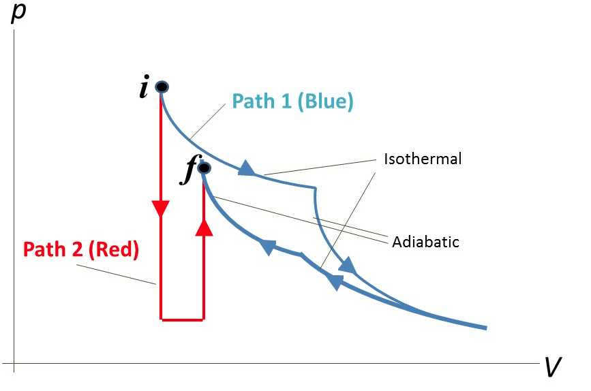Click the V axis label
point(553,369)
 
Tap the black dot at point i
point(162,87)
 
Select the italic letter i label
point(144,89)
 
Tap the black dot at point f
point(204,168)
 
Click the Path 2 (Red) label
point(80,249)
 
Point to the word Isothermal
point(423,159)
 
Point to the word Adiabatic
point(425,241)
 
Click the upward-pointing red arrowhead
point(204,228)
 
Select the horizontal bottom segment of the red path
point(182,318)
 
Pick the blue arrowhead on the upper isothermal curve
point(247,168)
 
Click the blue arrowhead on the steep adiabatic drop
point(348,265)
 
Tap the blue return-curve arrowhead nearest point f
point(268,247)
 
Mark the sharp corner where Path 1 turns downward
point(315,187)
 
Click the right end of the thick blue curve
point(485,328)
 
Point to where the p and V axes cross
point(14,363)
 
